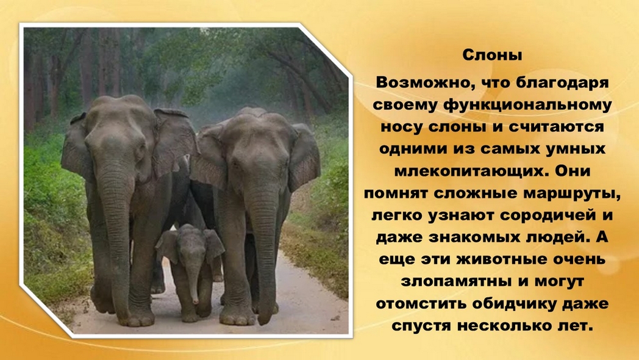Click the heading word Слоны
click(x=493, y=55)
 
